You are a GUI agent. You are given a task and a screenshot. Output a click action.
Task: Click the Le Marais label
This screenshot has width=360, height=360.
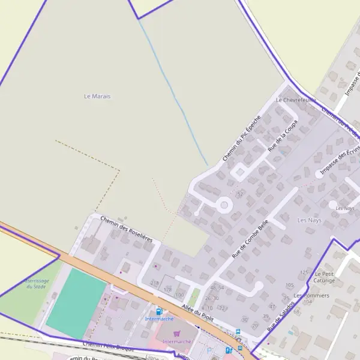click(x=97, y=96)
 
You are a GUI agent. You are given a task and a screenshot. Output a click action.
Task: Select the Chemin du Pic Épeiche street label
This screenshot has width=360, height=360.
click(x=241, y=138)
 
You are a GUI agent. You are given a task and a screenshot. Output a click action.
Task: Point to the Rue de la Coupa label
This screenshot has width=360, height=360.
click(x=283, y=136)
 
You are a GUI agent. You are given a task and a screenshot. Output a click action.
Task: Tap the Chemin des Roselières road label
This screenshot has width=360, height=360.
click(x=127, y=229)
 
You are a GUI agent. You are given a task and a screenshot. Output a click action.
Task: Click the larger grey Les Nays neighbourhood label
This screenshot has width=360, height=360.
click(x=310, y=220)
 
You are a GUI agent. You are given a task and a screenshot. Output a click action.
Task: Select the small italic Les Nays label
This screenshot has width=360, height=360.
click(x=345, y=208)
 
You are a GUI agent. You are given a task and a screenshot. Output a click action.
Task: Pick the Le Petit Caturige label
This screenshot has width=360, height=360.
click(x=324, y=277)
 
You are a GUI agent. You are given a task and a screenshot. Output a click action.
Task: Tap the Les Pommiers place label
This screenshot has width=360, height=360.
click(x=311, y=296)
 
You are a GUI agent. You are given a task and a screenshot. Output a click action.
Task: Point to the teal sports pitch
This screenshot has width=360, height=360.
click(x=76, y=303)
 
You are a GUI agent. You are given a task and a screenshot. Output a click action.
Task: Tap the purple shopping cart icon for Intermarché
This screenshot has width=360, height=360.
click(x=176, y=334)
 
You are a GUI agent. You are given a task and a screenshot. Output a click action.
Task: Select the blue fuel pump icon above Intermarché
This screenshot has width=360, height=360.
click(x=159, y=311)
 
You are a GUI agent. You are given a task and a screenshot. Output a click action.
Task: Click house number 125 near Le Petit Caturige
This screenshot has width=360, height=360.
click(x=304, y=272)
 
